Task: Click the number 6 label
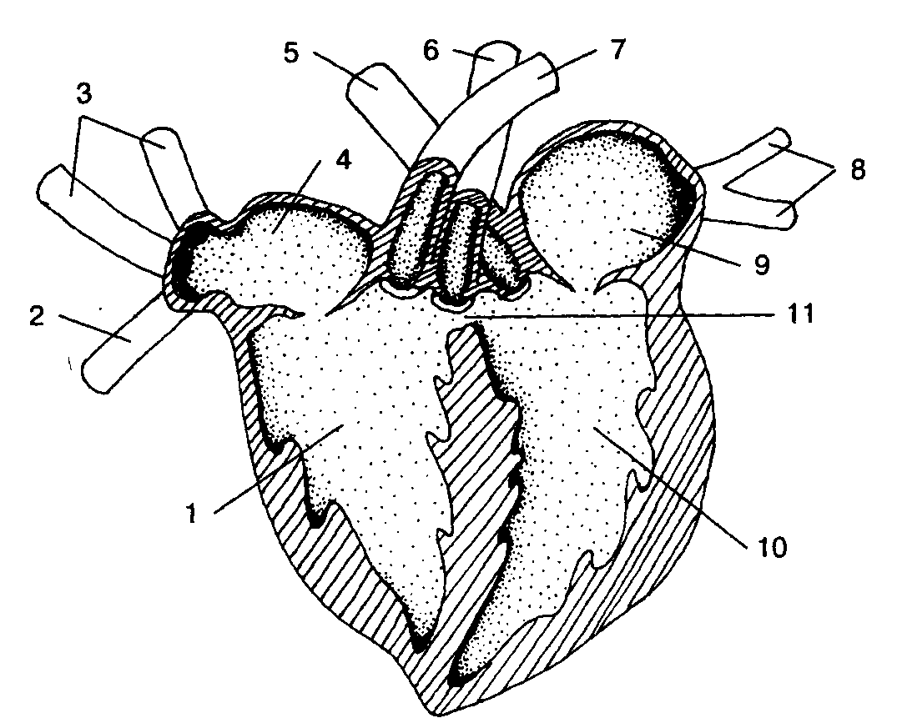(431, 51)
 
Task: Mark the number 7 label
(616, 50)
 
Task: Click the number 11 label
(800, 315)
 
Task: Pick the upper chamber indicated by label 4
(292, 250)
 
